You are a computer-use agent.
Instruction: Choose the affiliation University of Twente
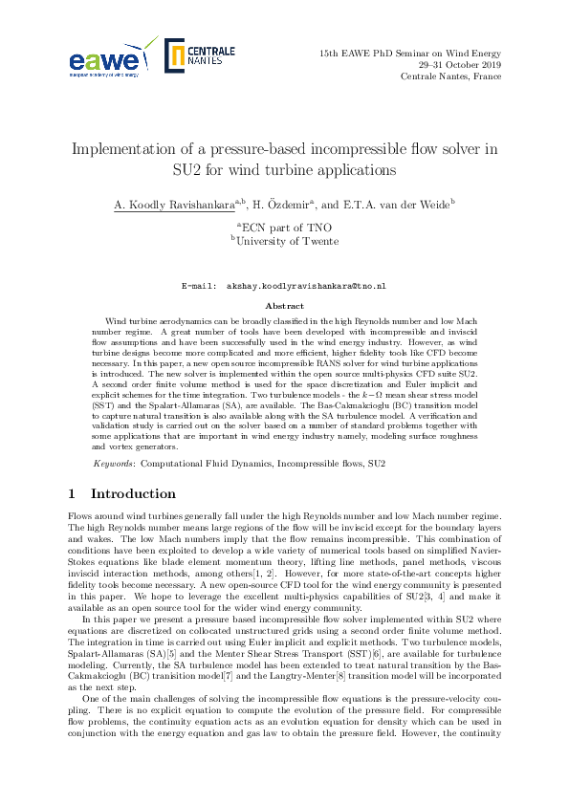[x=287, y=242]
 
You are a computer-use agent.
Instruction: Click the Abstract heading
[x=284, y=306]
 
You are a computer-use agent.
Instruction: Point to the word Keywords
[x=114, y=464]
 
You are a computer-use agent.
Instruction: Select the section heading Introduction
[x=133, y=494]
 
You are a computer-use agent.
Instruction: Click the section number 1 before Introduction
[x=73, y=494]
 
